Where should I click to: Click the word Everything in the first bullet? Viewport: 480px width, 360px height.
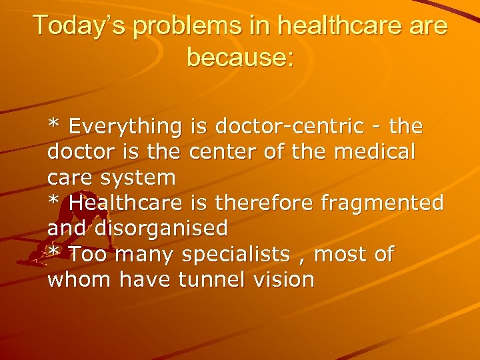[125, 126]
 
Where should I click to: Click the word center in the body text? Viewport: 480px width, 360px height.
[223, 151]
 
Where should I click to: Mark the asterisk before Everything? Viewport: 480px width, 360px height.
[53, 124]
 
